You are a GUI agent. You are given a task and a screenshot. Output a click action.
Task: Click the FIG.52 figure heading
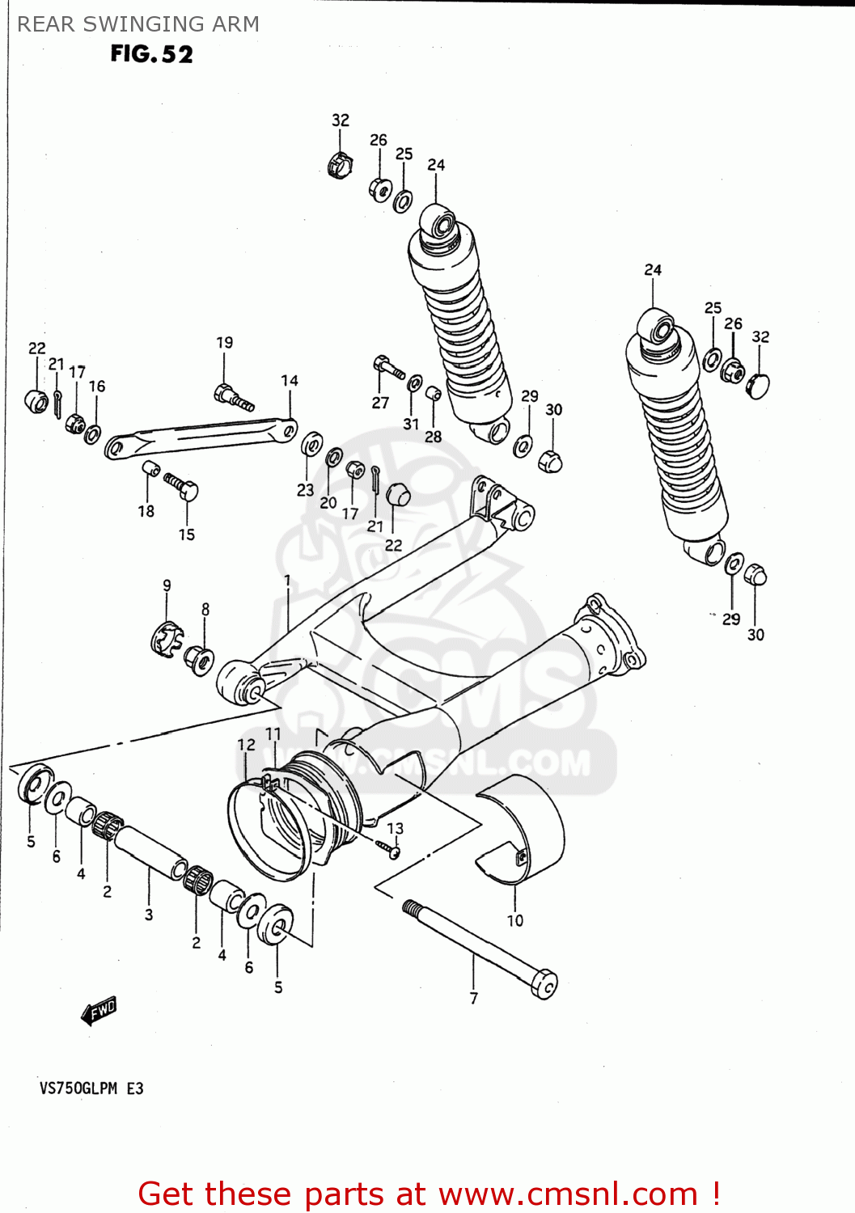tap(151, 54)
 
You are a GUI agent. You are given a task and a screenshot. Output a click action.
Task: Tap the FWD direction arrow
tap(99, 1010)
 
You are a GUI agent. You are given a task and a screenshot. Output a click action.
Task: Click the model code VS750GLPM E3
tap(91, 1088)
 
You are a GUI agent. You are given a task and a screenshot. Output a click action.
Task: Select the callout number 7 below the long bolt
tap(474, 999)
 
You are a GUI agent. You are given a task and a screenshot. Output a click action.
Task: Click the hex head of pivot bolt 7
tap(544, 984)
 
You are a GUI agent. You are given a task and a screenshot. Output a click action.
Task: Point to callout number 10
tap(515, 920)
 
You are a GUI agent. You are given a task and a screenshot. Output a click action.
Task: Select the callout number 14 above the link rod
tap(290, 380)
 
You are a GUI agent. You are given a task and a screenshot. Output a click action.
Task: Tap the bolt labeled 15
tap(183, 488)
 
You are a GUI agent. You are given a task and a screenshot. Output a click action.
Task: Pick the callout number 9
tap(167, 585)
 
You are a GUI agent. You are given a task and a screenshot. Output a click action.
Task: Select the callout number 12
tap(246, 745)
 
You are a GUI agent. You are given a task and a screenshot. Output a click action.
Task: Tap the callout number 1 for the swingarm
tap(287, 580)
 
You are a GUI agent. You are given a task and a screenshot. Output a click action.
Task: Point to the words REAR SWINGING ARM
tap(138, 24)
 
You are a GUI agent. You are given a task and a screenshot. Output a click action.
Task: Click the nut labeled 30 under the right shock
tap(755, 575)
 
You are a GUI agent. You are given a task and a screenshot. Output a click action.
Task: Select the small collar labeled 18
tap(150, 469)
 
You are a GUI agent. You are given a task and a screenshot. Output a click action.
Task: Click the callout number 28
tap(434, 437)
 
